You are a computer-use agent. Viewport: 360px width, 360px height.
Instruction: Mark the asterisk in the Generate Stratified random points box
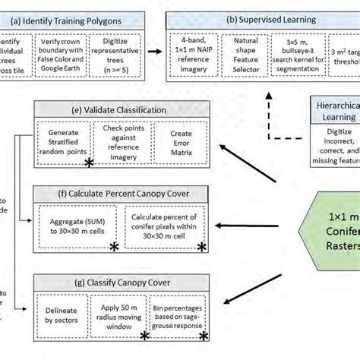coord(89,163)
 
